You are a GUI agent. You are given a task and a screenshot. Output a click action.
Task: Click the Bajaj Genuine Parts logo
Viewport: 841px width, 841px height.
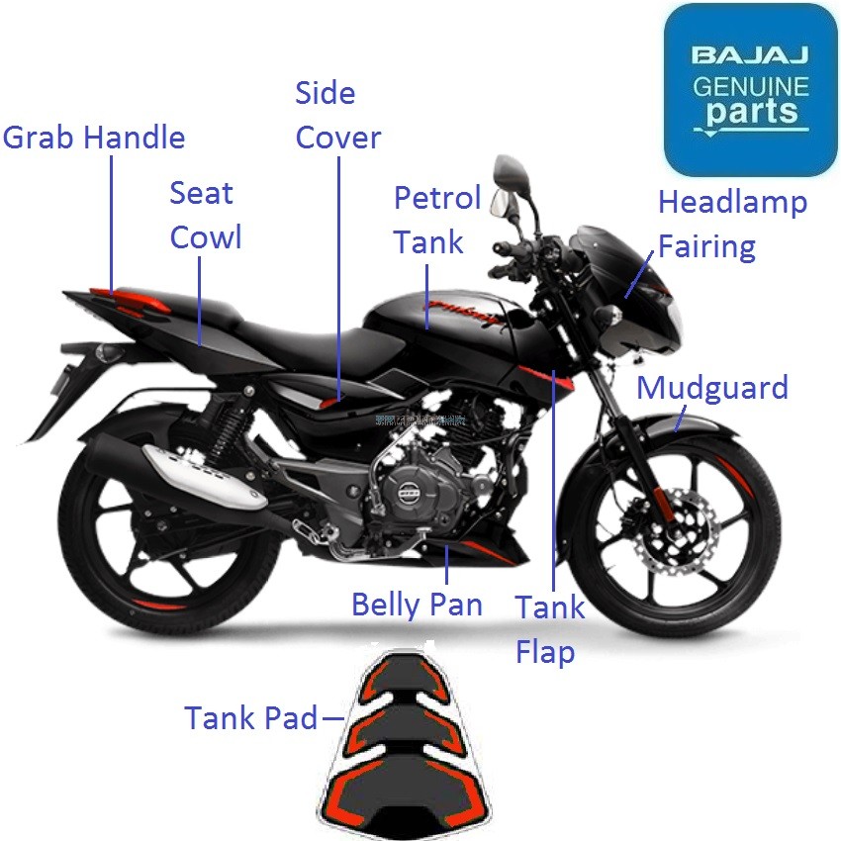pyautogui.click(x=750, y=89)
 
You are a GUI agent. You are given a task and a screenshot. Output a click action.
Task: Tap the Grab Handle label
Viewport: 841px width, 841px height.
pyautogui.click(x=94, y=137)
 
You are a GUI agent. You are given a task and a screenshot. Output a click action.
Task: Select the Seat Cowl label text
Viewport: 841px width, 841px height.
pyautogui.click(x=205, y=215)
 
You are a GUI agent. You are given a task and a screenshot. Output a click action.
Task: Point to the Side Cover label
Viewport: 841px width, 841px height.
pyautogui.click(x=337, y=115)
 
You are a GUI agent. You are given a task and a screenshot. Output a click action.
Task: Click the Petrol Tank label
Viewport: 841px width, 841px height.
pyautogui.click(x=436, y=220)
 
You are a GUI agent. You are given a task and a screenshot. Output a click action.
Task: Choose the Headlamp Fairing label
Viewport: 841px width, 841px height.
pyautogui.click(x=732, y=224)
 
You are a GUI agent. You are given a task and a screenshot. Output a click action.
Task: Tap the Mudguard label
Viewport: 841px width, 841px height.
pyautogui.click(x=711, y=387)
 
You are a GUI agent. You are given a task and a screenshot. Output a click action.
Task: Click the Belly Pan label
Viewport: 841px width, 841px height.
pyautogui.click(x=417, y=604)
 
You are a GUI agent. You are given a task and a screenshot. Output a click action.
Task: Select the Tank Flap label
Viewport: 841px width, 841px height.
pyautogui.click(x=549, y=629)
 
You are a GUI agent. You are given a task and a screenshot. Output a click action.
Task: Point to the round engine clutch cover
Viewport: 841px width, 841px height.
pyautogui.click(x=407, y=494)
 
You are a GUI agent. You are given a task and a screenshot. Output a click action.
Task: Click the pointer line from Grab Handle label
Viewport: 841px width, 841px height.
pyautogui.click(x=112, y=223)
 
